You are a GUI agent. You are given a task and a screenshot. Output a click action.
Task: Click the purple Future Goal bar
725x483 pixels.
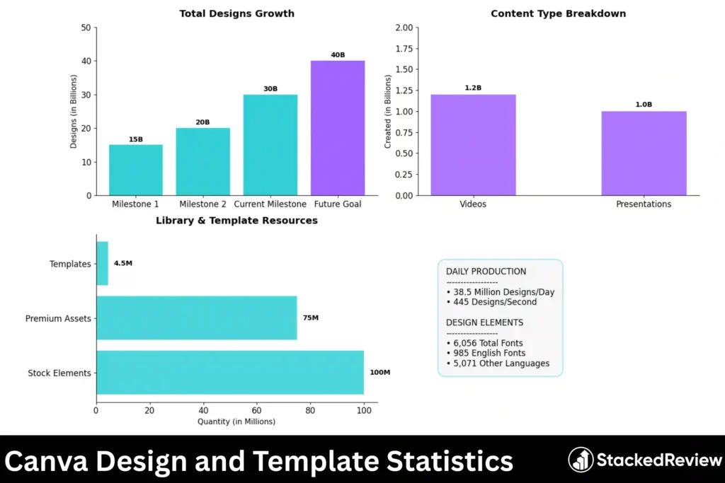(x=338, y=128)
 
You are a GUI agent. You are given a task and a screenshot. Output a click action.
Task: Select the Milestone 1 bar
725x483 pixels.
(x=136, y=170)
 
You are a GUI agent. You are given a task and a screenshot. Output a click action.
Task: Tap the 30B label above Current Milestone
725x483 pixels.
(x=270, y=89)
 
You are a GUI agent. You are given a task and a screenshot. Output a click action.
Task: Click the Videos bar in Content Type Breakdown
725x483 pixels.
(x=473, y=145)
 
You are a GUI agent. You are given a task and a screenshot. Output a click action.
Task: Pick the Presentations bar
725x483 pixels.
(x=644, y=153)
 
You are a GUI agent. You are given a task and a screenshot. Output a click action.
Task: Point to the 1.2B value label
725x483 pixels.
(x=473, y=88)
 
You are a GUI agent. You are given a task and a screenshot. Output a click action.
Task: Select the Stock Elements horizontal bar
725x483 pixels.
(x=230, y=373)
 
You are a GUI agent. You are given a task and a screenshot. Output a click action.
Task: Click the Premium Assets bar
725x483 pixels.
(x=196, y=318)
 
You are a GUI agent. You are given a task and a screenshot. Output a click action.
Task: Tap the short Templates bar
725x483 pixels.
(x=102, y=264)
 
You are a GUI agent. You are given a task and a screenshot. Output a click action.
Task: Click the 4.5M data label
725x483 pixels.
(x=123, y=264)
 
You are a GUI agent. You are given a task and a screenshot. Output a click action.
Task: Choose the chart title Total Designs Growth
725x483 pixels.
(x=236, y=13)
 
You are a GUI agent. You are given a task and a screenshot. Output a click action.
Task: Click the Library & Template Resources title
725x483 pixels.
(x=236, y=221)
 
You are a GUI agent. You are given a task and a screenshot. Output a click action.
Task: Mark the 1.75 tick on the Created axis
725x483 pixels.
(x=403, y=49)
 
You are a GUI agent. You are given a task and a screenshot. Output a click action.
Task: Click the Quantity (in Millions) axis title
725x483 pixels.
(x=236, y=421)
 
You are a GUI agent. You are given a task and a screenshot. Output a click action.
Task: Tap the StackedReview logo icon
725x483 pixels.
(x=581, y=460)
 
